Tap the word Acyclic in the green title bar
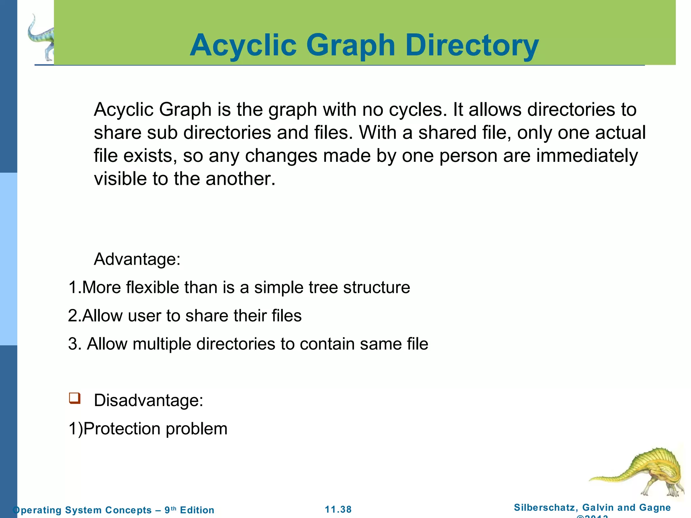(x=243, y=46)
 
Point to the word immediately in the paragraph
(x=587, y=156)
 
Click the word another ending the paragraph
(x=240, y=179)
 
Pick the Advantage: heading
(x=137, y=259)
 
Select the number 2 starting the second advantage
(x=73, y=316)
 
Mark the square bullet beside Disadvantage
(x=75, y=398)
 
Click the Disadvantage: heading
(x=148, y=401)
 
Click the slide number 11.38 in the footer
(x=338, y=510)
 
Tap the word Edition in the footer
(x=197, y=510)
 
